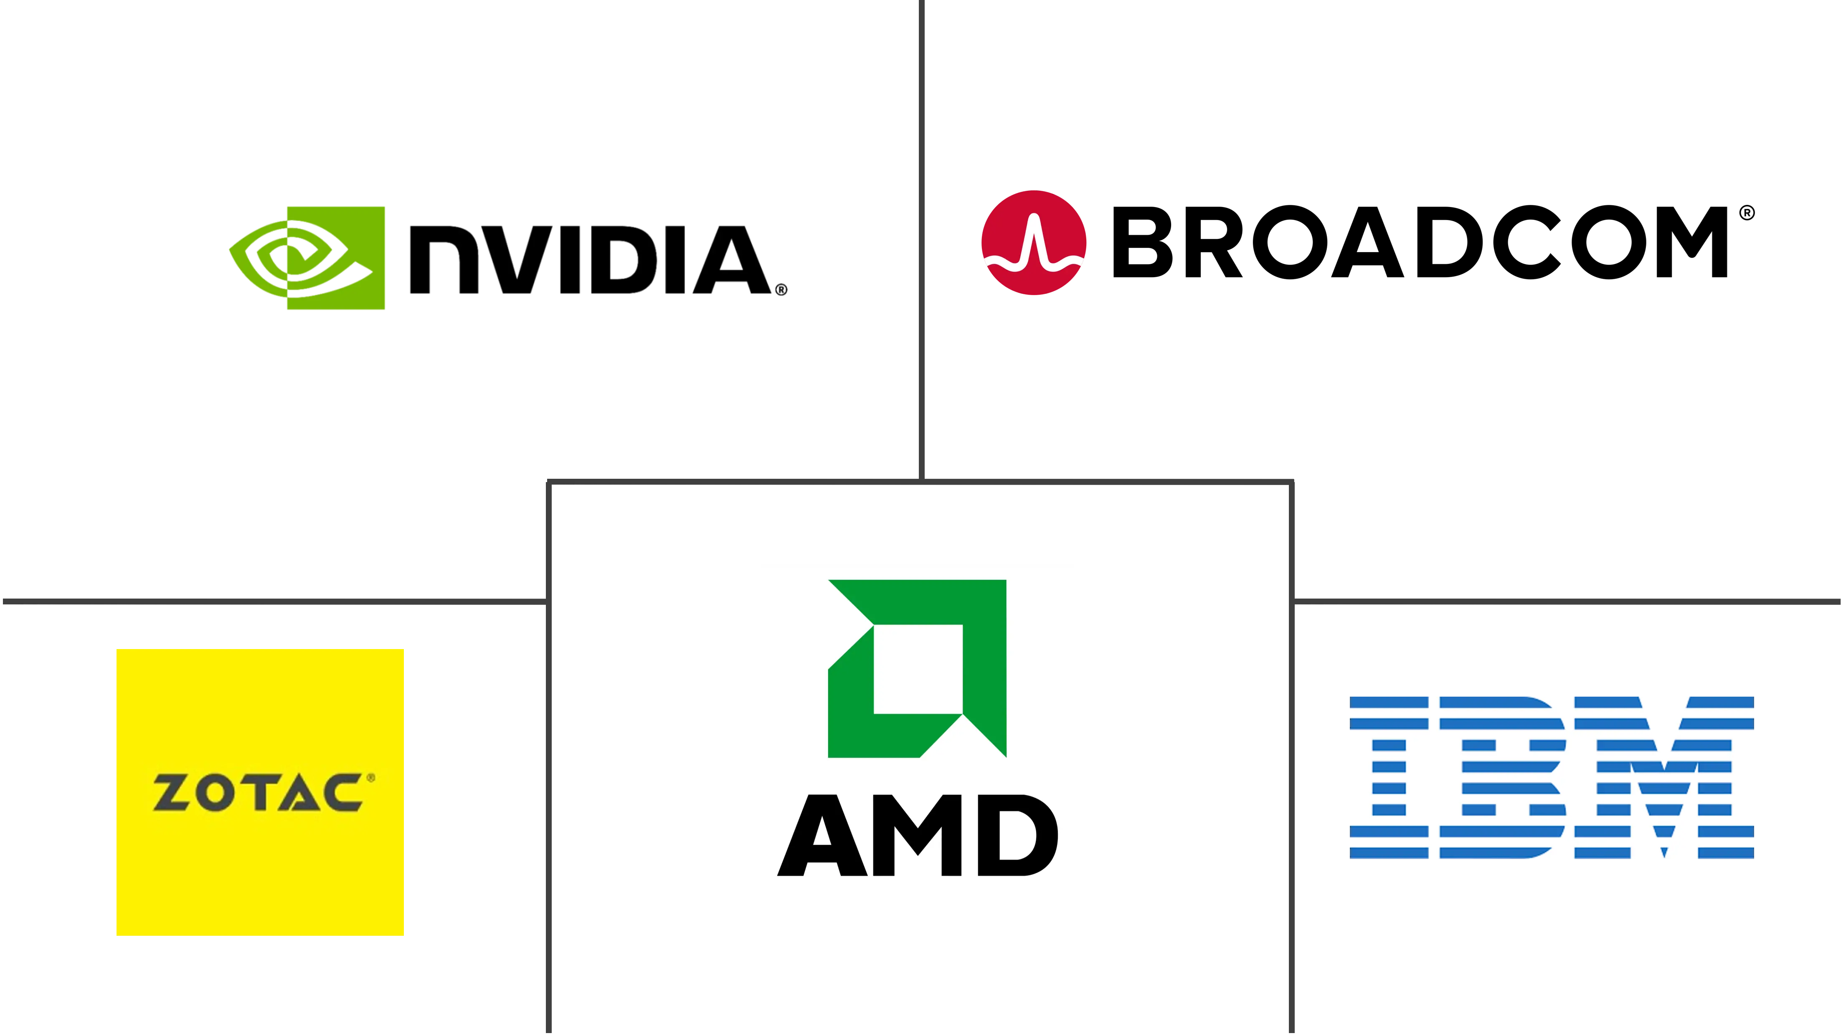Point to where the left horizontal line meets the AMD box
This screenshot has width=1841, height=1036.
pyautogui.click(x=548, y=601)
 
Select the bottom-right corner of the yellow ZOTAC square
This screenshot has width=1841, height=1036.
pyautogui.click(x=404, y=935)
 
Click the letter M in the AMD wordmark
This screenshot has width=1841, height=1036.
pyautogui.click(x=916, y=835)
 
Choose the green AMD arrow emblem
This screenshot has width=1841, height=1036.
pyautogui.click(x=917, y=668)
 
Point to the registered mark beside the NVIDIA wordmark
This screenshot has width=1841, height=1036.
pyautogui.click(x=781, y=289)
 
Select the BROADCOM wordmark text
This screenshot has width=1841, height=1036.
pyautogui.click(x=1420, y=242)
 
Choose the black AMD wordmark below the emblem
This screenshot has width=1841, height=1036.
pyautogui.click(x=918, y=835)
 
